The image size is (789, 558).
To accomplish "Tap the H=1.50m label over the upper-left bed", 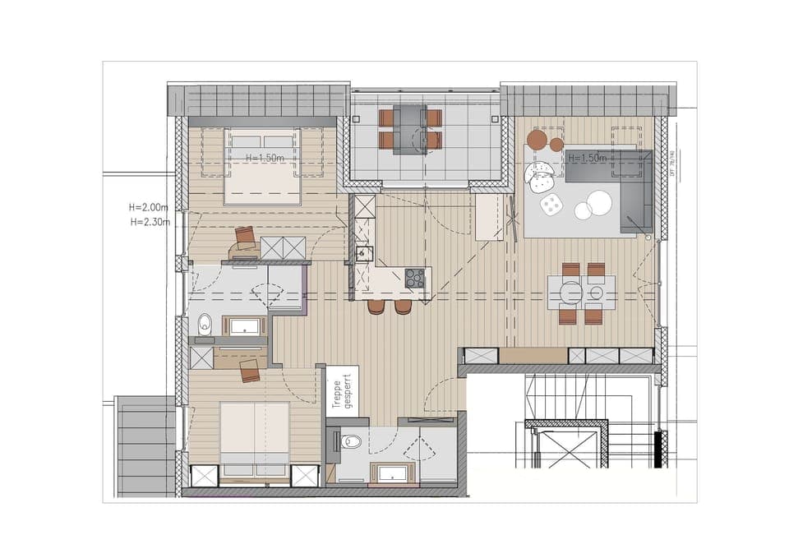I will coord(265,158).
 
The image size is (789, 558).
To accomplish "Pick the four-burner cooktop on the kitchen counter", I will coord(415,278).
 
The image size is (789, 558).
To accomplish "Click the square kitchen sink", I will coord(362,253).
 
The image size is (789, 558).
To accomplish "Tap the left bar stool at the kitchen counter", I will coord(376,306).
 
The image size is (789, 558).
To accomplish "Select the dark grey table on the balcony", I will coord(408,129).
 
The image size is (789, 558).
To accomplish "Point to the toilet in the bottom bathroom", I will coord(352,442).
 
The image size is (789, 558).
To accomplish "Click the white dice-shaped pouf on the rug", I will coord(549,205).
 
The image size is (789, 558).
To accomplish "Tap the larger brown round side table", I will coord(536,140).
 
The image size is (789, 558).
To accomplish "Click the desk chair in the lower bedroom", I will coord(251,371).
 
